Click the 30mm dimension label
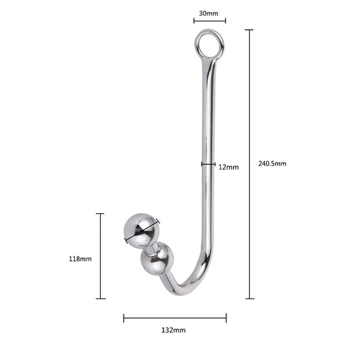click(207, 13)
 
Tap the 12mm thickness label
click(228, 167)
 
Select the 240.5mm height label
click(272, 163)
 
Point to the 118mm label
click(80, 259)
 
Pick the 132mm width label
click(174, 330)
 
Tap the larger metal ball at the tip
click(141, 230)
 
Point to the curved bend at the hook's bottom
click(196, 270)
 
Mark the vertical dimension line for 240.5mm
click(249, 163)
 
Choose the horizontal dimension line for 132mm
click(174, 317)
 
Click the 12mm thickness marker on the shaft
click(208, 163)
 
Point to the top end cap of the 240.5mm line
click(249, 30)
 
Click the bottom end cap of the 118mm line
click(101, 298)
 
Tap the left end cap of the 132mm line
click(124, 317)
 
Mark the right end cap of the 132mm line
click(226, 317)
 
